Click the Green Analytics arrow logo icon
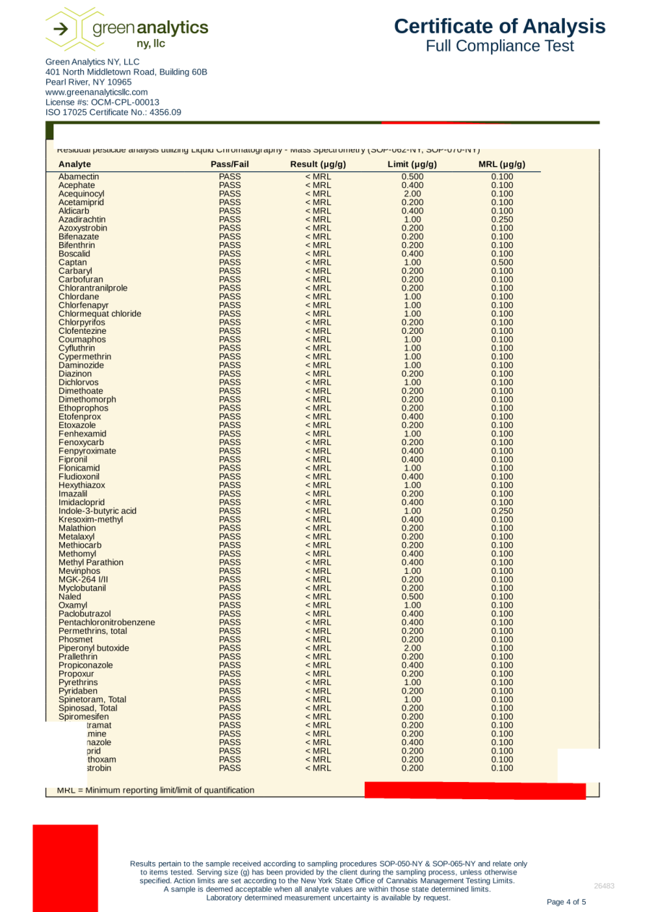[x=64, y=29]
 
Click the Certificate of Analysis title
[x=500, y=27]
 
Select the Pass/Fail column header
[x=230, y=165]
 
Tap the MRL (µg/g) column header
[x=501, y=165]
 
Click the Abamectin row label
[x=79, y=177]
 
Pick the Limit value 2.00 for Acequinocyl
[x=412, y=194]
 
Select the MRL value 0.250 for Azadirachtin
[x=501, y=220]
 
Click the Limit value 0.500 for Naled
[x=412, y=597]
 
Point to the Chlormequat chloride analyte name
[x=100, y=314]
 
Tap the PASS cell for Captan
[x=230, y=262]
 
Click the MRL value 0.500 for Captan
[x=501, y=262]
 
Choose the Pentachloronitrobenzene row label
[x=107, y=622]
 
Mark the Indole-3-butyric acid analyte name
[x=98, y=511]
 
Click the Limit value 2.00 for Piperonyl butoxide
[x=412, y=648]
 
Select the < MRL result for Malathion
[x=318, y=528]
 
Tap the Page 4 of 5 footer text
[x=566, y=902]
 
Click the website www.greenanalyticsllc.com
[x=97, y=93]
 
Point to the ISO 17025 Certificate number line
[x=113, y=112]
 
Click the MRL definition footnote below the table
[x=155, y=790]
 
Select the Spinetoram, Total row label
[x=92, y=700]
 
